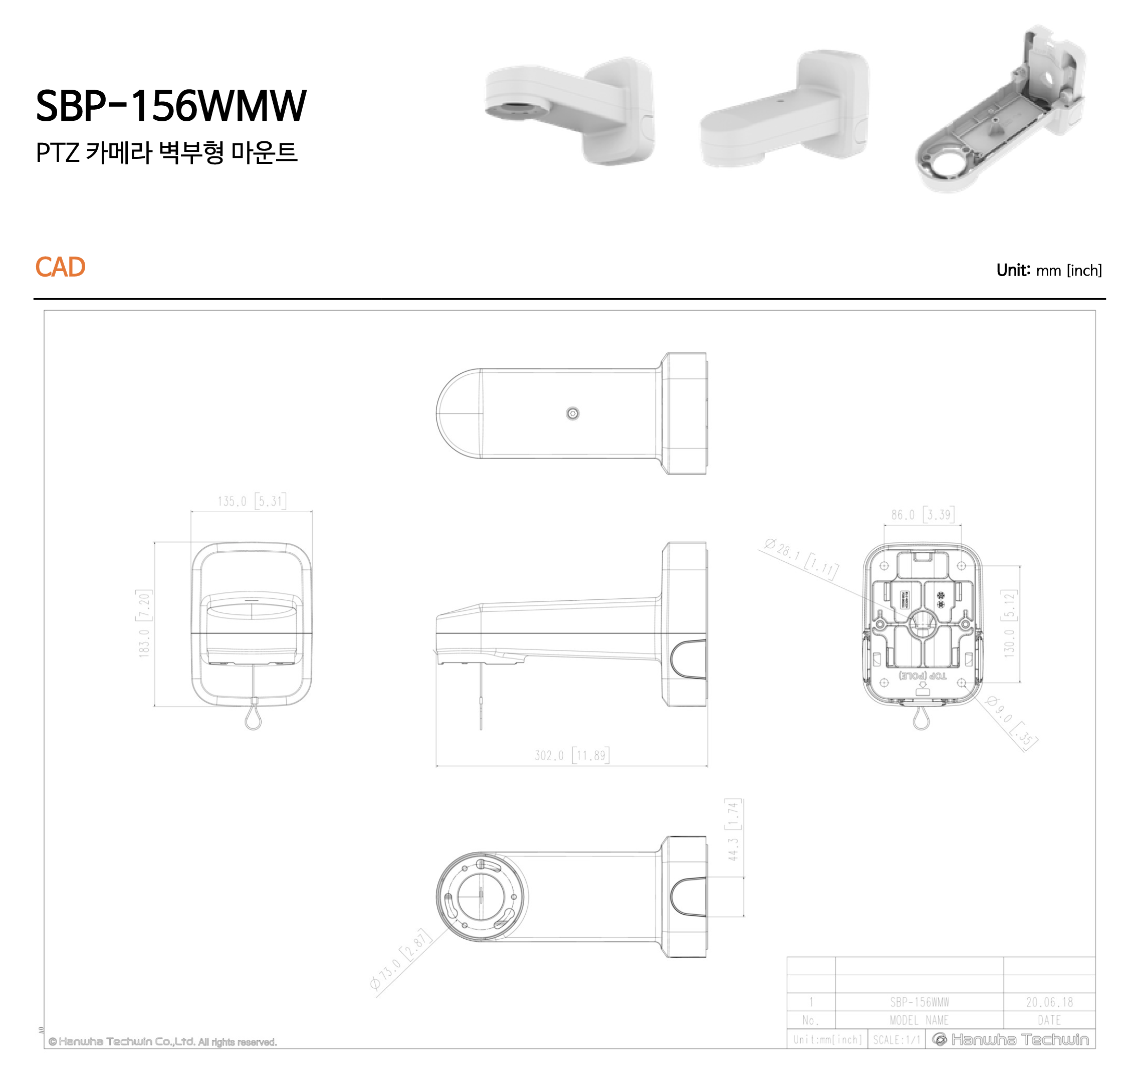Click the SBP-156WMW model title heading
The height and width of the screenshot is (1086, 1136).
171,106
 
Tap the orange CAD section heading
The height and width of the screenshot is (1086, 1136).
60,267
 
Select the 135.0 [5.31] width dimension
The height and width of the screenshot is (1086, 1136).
251,501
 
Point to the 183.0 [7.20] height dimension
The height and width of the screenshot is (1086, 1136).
144,623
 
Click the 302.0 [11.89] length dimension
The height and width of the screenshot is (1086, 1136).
571,755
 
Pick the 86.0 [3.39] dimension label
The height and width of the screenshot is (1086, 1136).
922,515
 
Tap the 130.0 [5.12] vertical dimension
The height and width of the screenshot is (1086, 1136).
1009,623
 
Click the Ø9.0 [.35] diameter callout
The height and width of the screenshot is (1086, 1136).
1011,723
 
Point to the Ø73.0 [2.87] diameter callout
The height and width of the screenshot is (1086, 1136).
400,959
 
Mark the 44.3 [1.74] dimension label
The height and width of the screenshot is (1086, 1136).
733,829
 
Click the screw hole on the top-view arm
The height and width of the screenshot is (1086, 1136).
572,413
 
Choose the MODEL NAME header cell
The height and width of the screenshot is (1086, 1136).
919,1020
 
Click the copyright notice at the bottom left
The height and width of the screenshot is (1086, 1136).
163,1042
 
